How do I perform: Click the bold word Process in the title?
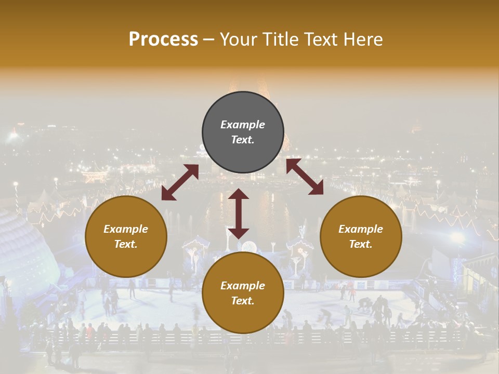(163, 39)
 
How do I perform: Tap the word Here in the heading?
(362, 39)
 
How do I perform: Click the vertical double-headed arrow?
(239, 213)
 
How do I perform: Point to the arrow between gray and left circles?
(180, 182)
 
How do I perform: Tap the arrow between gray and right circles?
(305, 177)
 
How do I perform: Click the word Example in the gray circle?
(243, 125)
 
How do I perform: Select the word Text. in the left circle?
(126, 244)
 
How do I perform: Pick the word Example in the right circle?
(361, 229)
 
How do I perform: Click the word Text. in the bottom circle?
(243, 301)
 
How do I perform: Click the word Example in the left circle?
(126, 229)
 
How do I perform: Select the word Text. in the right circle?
(361, 244)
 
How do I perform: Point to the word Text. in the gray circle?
(243, 140)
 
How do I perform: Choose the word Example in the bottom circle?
(243, 286)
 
